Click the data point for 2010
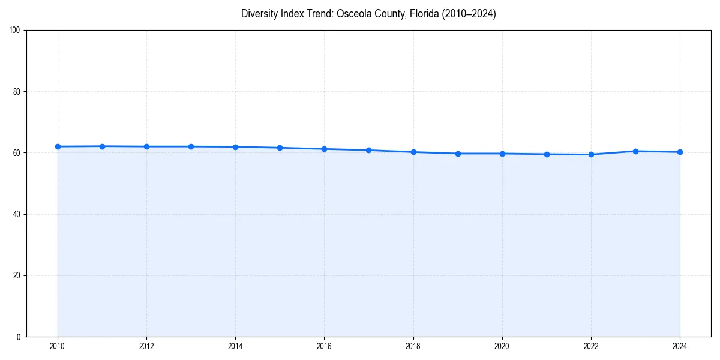tap(58, 146)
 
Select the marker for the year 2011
tap(102, 146)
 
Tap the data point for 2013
tap(191, 146)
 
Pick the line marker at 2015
tap(280, 148)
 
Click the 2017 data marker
tap(368, 150)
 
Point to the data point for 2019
tap(458, 154)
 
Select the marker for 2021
tap(547, 154)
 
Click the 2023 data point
tap(635, 151)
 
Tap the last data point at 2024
tap(680, 152)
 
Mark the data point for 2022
tap(591, 154)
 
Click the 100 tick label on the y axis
tap(16, 30)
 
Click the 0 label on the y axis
tap(19, 337)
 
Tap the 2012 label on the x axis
tap(146, 346)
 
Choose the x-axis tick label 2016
tap(324, 346)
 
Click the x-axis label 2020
tap(502, 346)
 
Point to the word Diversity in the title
tap(259, 14)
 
